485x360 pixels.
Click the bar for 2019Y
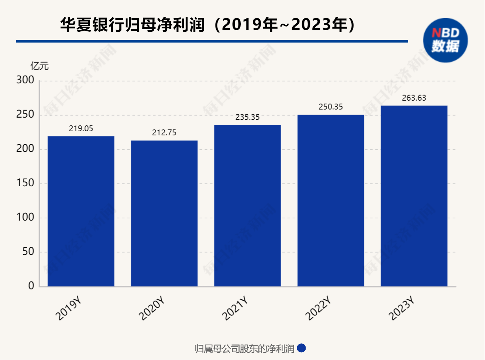pyautogui.click(x=81, y=211)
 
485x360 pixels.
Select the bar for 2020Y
pyautogui.click(x=164, y=213)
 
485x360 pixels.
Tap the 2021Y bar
pyautogui.click(x=247, y=205)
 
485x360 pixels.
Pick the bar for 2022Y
pyautogui.click(x=331, y=200)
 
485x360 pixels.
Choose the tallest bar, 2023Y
pyautogui.click(x=414, y=196)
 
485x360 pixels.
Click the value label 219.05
pyautogui.click(x=81, y=129)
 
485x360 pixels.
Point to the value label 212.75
pyautogui.click(x=164, y=133)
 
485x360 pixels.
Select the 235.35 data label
pyautogui.click(x=247, y=117)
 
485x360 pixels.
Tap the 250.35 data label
pyautogui.click(x=331, y=107)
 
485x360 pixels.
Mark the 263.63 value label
pyautogui.click(x=414, y=98)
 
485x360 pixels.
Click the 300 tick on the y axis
pyautogui.click(x=25, y=80)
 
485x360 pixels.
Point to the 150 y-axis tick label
pyautogui.click(x=25, y=183)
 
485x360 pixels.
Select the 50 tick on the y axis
pyautogui.click(x=28, y=252)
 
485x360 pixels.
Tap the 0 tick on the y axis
pyautogui.click(x=31, y=286)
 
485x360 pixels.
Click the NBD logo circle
pyautogui.click(x=445, y=40)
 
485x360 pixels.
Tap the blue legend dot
pyautogui.click(x=302, y=348)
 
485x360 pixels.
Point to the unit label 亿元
pyautogui.click(x=39, y=66)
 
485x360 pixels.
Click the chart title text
pyautogui.click(x=208, y=25)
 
